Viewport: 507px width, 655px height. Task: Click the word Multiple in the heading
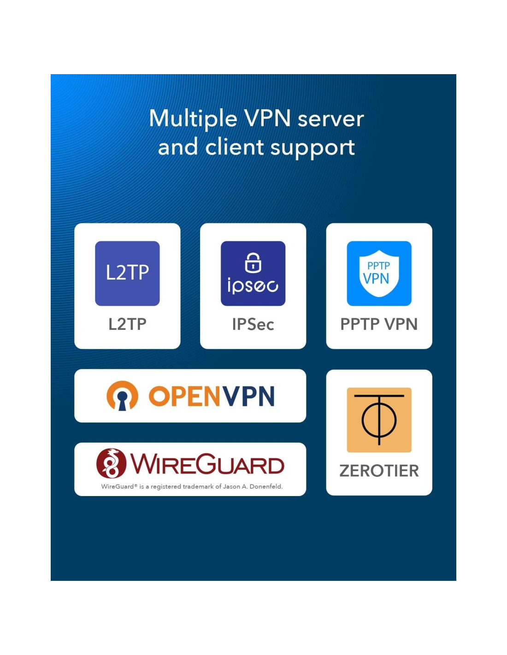(193, 119)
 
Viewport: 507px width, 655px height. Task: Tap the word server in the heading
(330, 119)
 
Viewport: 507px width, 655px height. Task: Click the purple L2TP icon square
(127, 273)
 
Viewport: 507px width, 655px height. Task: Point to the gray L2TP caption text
(127, 324)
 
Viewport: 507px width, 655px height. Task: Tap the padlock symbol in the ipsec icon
(253, 263)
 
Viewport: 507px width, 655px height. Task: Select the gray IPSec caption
(253, 324)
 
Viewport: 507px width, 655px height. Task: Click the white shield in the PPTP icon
(379, 274)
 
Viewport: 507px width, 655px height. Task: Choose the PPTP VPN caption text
(379, 324)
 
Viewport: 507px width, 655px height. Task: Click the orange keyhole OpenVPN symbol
(122, 396)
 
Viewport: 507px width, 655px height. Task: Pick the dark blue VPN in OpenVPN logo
(248, 396)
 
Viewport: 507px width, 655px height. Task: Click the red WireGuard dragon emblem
(111, 463)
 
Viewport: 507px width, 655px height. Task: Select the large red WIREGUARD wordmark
(207, 464)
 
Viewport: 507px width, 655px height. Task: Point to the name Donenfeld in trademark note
(265, 486)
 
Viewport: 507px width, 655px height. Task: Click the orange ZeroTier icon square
(379, 420)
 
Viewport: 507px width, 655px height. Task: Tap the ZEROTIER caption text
(379, 471)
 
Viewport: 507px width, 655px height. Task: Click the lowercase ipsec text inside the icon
(253, 286)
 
